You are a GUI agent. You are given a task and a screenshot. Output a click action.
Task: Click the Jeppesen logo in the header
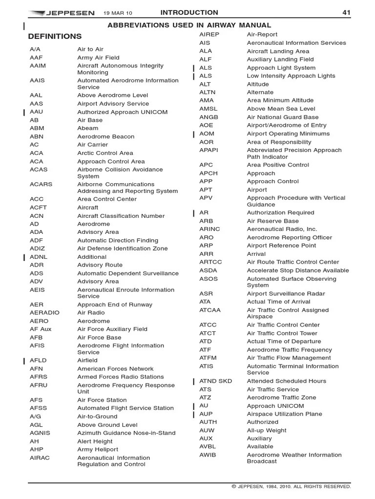[62, 13]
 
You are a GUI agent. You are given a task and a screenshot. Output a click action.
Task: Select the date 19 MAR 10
[118, 13]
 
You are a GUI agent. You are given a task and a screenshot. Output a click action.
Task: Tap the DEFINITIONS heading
[55, 37]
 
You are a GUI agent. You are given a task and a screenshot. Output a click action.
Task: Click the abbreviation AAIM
[38, 66]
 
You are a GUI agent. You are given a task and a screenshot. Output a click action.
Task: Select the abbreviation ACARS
[41, 185]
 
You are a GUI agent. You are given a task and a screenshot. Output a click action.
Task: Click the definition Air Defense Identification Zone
[122, 249]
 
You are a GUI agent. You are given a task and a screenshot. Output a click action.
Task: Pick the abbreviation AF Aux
[41, 329]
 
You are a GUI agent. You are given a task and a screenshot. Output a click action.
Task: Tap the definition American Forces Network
[115, 369]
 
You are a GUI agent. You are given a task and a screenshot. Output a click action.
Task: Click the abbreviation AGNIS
[40, 433]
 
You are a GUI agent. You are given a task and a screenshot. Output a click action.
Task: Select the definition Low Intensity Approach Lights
[291, 76]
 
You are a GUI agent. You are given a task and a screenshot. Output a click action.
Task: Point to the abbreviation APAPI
[209, 150]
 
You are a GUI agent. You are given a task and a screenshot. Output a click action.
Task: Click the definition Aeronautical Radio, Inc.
[282, 229]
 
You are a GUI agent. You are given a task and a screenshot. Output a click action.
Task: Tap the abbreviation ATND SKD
[216, 381]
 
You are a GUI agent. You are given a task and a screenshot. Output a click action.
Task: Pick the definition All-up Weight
[267, 430]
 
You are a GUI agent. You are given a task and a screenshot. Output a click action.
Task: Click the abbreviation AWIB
[208, 455]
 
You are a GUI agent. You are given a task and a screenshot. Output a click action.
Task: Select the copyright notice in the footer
[291, 486]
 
